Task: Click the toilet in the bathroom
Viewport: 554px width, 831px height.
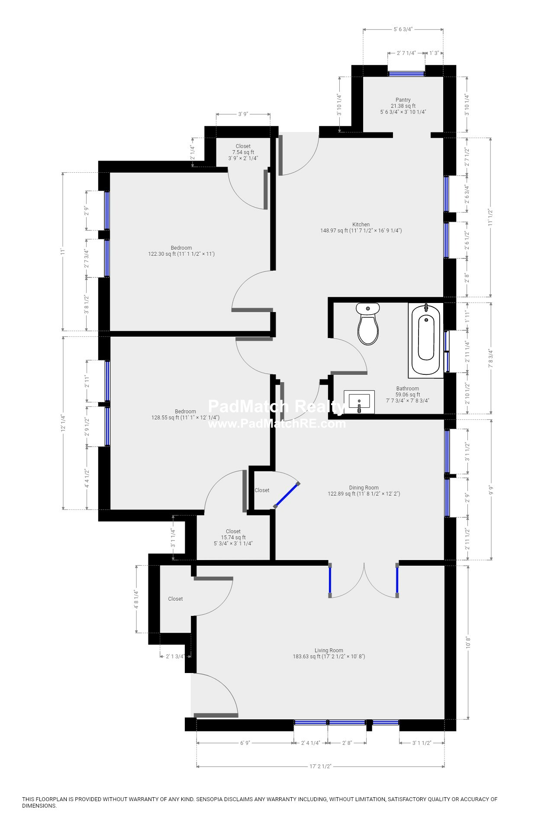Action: (x=368, y=325)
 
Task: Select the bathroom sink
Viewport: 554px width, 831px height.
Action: (x=359, y=401)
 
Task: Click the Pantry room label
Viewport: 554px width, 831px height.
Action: (x=403, y=100)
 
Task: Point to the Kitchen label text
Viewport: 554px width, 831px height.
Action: (x=361, y=225)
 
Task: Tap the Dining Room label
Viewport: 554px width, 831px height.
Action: (x=364, y=488)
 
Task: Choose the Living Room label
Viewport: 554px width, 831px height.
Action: (x=329, y=651)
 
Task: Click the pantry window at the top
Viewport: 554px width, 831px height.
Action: (x=406, y=74)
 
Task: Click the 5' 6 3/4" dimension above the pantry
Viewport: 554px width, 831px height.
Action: (x=403, y=29)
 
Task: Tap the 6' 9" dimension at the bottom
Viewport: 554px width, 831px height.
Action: (x=245, y=743)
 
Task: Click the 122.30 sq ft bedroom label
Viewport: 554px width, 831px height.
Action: (x=181, y=254)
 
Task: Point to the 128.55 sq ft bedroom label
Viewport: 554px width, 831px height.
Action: (x=185, y=418)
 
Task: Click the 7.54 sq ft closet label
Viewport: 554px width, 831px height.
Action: (x=243, y=152)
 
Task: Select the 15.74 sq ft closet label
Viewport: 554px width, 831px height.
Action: (x=233, y=538)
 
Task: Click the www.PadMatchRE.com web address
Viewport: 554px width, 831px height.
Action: (x=277, y=424)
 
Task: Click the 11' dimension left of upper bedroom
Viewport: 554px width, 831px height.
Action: (x=63, y=251)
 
